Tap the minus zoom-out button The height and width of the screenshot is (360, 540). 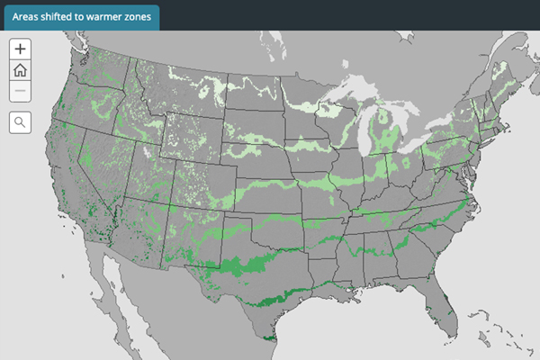pyautogui.click(x=20, y=91)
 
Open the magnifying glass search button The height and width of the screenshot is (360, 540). pyautogui.click(x=20, y=122)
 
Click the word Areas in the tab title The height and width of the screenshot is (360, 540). pyautogui.click(x=30, y=17)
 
